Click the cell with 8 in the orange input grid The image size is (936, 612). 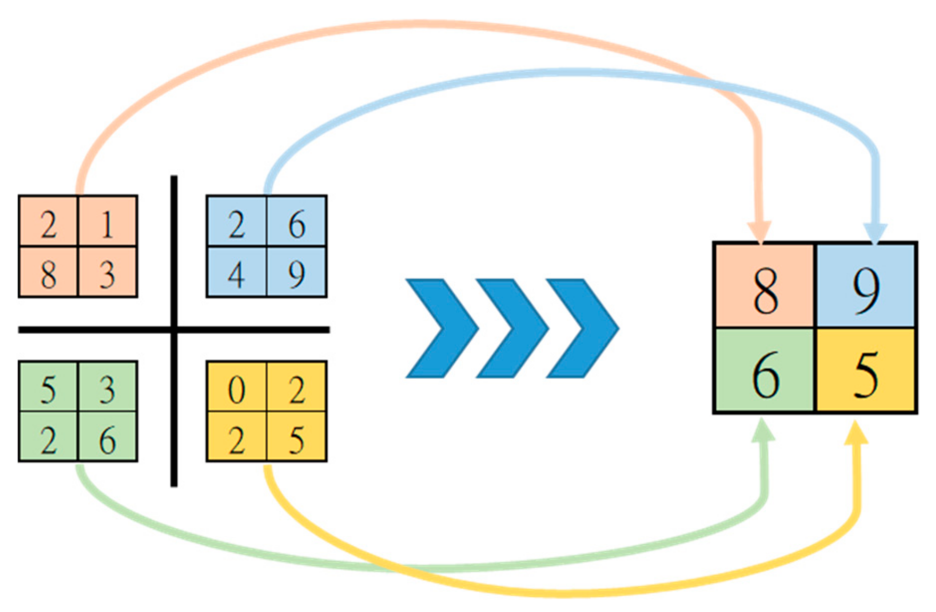click(x=48, y=272)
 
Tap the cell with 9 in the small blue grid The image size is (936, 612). click(x=296, y=272)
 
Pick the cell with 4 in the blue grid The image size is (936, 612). click(x=237, y=272)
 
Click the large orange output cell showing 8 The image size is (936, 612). click(x=764, y=286)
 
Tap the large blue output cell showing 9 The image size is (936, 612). click(x=866, y=286)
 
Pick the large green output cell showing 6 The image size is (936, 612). click(x=764, y=371)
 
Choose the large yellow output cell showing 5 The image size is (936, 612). click(x=866, y=371)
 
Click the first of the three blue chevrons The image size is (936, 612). click(x=442, y=328)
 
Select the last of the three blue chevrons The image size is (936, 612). click(x=582, y=328)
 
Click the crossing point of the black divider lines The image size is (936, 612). click(x=174, y=329)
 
